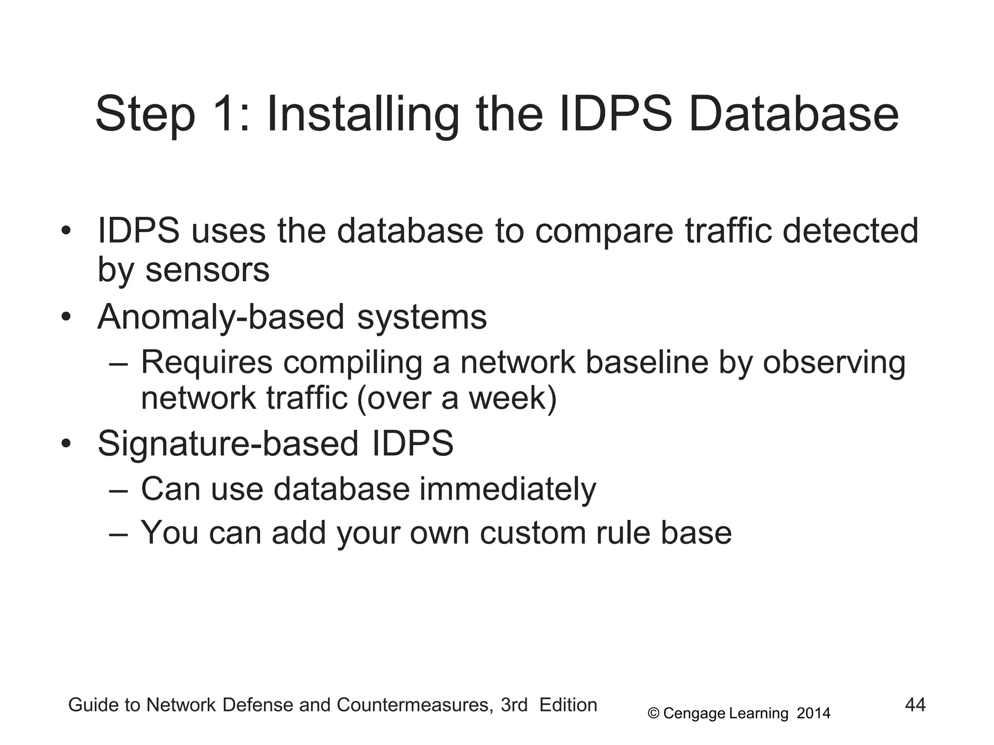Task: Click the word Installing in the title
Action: [x=362, y=115]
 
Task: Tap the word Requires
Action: [x=206, y=362]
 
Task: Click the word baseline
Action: [x=646, y=362]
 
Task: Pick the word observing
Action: [x=834, y=362]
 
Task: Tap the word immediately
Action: [x=508, y=489]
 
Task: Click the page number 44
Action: [x=915, y=705]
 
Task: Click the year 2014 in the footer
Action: [x=813, y=713]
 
